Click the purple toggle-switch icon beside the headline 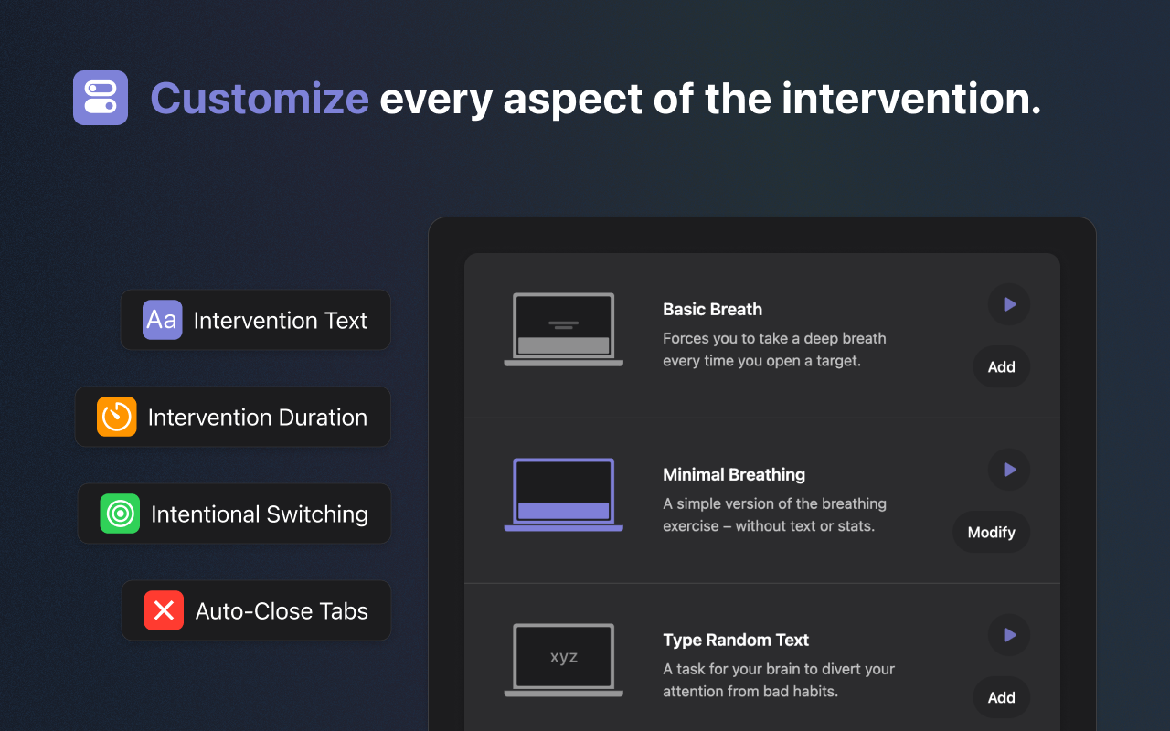point(101,98)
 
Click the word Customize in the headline point(260,99)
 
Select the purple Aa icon point(163,320)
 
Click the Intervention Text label point(281,320)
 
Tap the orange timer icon point(116,417)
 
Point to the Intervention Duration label point(258,418)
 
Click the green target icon point(120,514)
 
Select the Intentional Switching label point(260,514)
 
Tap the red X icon point(164,610)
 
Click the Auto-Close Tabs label point(282,611)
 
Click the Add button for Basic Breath point(1001,366)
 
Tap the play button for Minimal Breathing point(1009,470)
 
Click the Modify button point(992,532)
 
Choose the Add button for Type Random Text point(1001,697)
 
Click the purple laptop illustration point(564,494)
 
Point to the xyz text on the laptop point(564,657)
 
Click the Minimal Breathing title point(734,474)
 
